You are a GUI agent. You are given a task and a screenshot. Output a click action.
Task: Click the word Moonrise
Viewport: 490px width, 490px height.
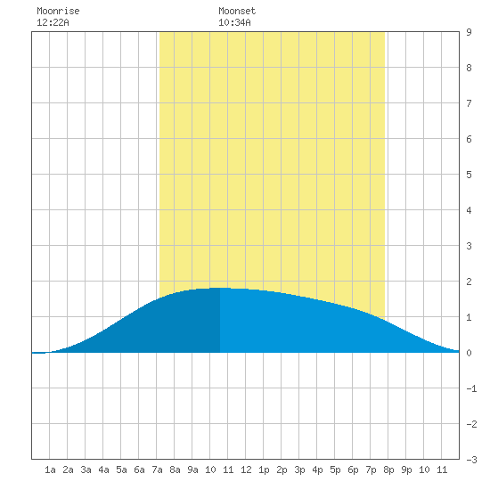tap(58, 11)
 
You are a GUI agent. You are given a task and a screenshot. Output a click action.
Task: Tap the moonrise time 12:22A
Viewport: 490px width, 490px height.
tap(53, 22)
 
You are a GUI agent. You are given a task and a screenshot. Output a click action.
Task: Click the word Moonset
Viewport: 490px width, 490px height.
tap(237, 11)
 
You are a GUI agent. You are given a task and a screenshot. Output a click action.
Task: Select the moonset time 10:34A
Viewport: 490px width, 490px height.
tap(234, 22)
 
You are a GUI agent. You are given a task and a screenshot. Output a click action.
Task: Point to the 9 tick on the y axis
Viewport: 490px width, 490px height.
tap(469, 32)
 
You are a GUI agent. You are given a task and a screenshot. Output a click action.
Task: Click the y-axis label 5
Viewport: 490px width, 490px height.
tap(469, 175)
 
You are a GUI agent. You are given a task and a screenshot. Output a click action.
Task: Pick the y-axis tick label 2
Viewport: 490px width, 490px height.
tap(469, 282)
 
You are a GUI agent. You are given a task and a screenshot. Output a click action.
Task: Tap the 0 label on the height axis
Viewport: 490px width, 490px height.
tap(469, 353)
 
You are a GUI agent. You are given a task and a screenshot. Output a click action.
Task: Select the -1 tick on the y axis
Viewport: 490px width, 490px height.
tap(471, 388)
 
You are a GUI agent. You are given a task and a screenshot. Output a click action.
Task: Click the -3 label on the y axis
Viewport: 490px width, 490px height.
tap(471, 460)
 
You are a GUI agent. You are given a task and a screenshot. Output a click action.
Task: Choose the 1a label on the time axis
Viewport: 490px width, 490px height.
tap(50, 470)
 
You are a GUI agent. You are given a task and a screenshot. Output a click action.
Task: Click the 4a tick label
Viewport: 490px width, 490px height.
tap(103, 470)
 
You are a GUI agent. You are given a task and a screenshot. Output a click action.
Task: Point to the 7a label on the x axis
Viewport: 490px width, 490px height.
tap(157, 470)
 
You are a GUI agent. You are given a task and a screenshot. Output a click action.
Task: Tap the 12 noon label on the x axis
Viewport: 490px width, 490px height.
tap(246, 470)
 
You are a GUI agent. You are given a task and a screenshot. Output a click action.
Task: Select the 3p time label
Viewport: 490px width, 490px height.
tap(299, 470)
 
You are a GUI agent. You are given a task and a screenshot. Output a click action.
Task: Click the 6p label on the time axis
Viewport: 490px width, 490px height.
tap(353, 470)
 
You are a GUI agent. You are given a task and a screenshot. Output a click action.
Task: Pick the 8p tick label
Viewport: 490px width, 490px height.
tap(388, 470)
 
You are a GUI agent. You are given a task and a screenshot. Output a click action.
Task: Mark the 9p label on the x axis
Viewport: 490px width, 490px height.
tap(406, 470)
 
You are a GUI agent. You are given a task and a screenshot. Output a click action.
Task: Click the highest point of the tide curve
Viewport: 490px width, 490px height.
tap(220, 288)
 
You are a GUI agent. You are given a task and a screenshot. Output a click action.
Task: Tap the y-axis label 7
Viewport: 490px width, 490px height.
tap(469, 103)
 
